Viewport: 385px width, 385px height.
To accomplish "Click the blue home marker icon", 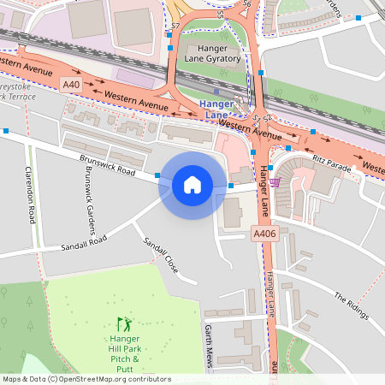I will tap(192, 184).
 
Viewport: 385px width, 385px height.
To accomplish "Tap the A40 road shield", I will tap(71, 85).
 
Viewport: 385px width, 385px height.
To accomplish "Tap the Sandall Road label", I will tap(83, 243).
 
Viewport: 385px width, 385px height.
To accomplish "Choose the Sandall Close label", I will tap(161, 254).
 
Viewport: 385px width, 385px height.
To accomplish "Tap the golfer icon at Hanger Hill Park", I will tap(125, 324).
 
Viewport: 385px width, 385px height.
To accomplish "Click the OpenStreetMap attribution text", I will tap(86, 379).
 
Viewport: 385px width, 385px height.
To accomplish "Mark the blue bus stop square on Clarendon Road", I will tap(7, 131).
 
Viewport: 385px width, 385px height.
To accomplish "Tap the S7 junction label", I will tap(175, 27).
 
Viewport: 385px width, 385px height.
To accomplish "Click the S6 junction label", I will tap(246, 4).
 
